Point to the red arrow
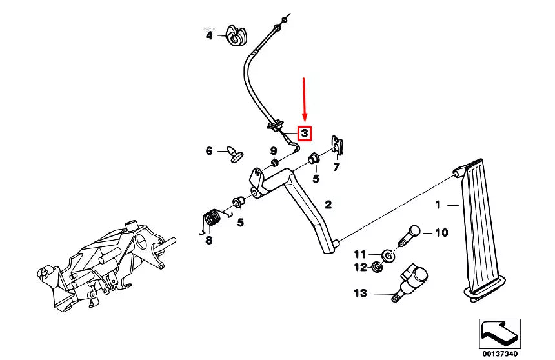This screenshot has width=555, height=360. (305, 100)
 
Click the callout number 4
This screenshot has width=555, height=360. (208, 36)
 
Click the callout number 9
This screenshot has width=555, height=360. (273, 150)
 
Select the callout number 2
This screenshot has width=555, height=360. (328, 205)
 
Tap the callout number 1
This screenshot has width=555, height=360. (438, 205)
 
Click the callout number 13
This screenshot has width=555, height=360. (359, 294)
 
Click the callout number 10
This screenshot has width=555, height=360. (441, 232)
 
